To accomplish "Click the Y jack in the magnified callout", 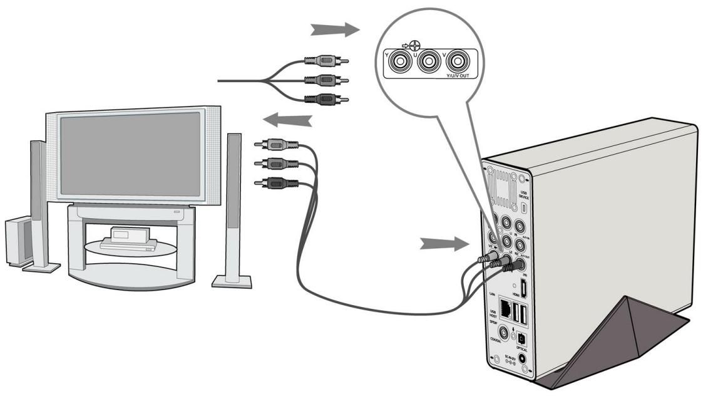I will click(x=398, y=62).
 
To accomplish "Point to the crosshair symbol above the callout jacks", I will click(x=414, y=45).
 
